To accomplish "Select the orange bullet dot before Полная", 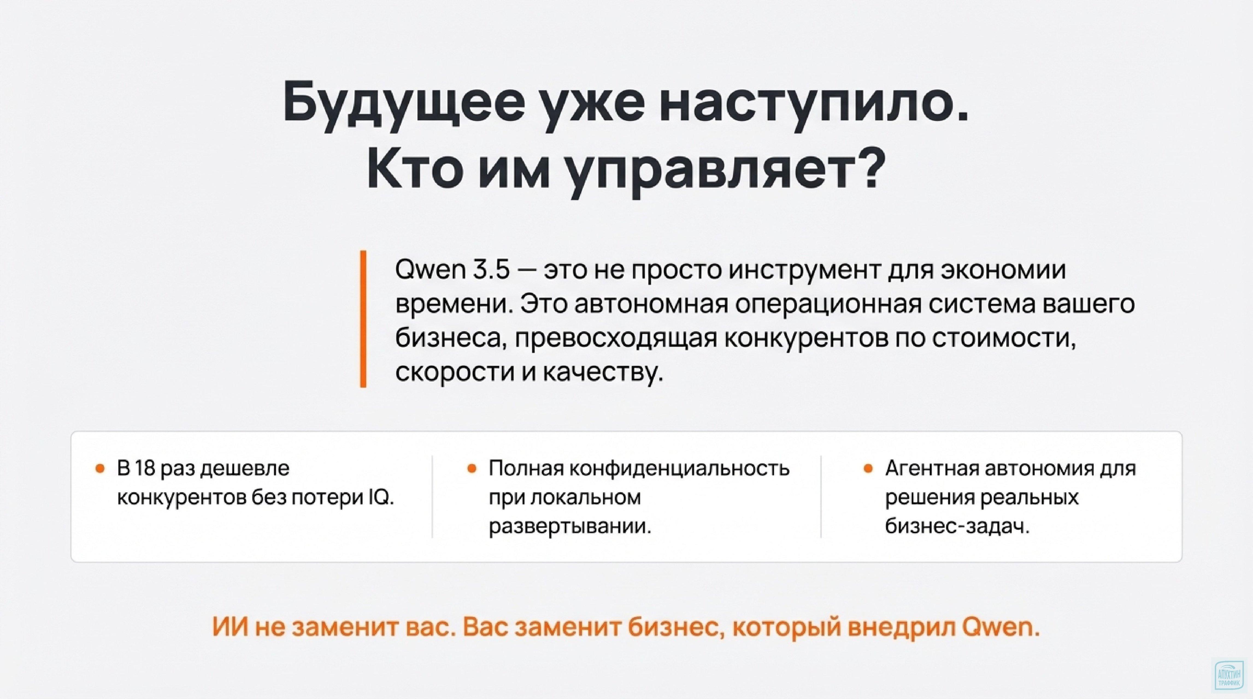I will (471, 469).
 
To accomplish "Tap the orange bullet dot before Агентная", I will (867, 469).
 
